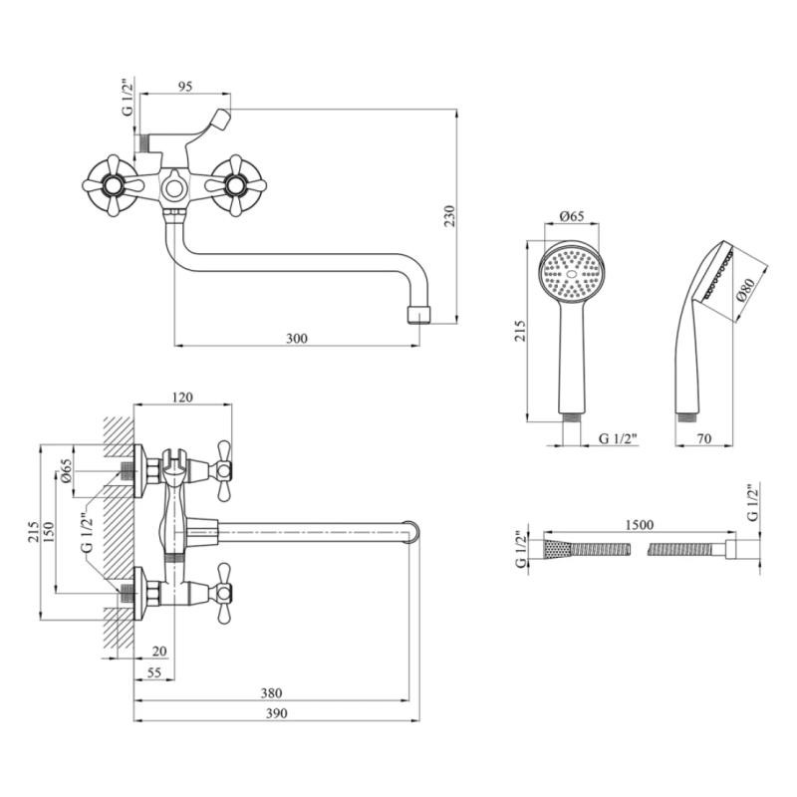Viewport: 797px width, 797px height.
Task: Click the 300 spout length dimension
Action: click(296, 339)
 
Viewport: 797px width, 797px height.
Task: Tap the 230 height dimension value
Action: click(448, 215)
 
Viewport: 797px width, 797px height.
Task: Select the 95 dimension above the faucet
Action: click(184, 87)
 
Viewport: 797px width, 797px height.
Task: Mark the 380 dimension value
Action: click(271, 693)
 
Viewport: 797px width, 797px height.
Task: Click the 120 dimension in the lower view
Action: click(183, 398)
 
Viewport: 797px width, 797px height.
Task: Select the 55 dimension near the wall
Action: click(153, 674)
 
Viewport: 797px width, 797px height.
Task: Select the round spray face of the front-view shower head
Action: click(571, 274)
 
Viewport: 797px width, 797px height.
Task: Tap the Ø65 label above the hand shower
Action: click(572, 216)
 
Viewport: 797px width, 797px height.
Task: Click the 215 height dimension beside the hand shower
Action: click(517, 330)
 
